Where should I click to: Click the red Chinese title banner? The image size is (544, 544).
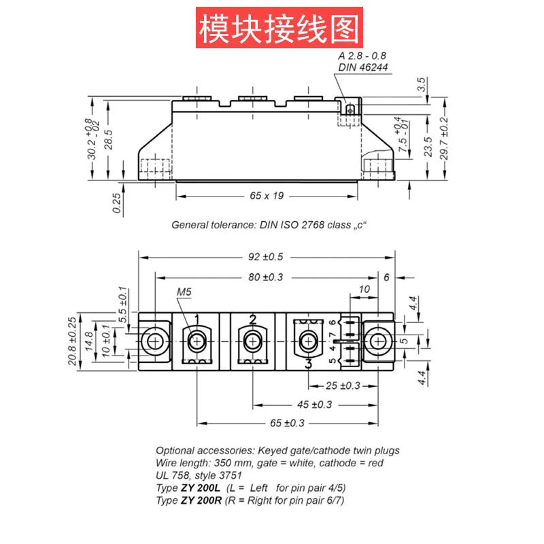click(279, 28)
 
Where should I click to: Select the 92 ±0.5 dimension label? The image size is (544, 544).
click(266, 257)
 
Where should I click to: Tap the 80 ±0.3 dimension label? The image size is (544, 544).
click(266, 277)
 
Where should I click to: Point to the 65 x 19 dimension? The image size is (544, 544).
click(266, 196)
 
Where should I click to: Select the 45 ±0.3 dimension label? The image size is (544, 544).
click(313, 405)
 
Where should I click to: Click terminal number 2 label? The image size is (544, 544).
click(252, 319)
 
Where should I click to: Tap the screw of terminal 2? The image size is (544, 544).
click(252, 341)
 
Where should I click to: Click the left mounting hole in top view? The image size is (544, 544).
click(156, 341)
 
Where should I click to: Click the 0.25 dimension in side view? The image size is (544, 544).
click(117, 203)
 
